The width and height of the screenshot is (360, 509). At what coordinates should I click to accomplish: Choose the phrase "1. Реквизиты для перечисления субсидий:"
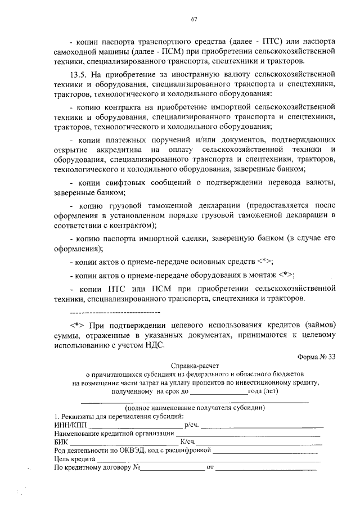pos(118,416)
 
